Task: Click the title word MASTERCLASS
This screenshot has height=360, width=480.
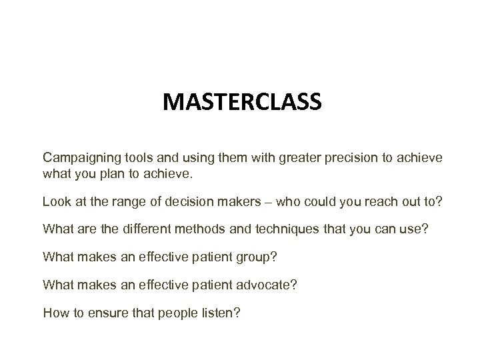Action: pos(243,103)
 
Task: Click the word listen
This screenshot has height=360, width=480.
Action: pos(215,312)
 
